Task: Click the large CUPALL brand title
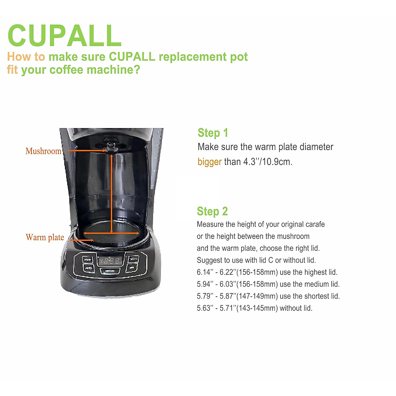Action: click(64, 36)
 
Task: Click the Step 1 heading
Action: click(213, 133)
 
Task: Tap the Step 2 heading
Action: click(212, 211)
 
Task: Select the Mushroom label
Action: click(44, 151)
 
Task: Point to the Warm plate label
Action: click(45, 237)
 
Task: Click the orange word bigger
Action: click(210, 162)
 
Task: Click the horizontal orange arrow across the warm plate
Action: click(111, 233)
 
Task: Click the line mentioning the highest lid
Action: click(267, 272)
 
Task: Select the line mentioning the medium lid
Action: click(268, 284)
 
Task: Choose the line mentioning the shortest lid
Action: click(268, 296)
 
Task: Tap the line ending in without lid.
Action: click(254, 308)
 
